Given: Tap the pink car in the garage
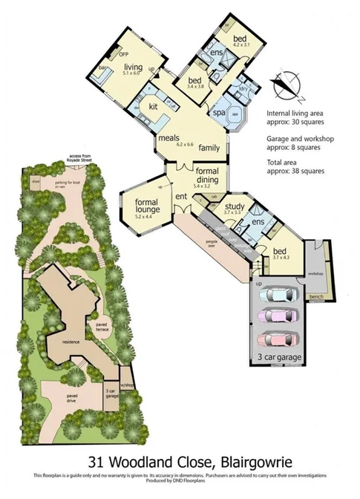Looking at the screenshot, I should pyautogui.click(x=275, y=316).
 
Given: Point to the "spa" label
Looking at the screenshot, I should pyautogui.click(x=220, y=114).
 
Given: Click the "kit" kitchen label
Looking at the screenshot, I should pyautogui.click(x=154, y=106).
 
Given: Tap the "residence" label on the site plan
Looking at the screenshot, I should pyautogui.click(x=71, y=342).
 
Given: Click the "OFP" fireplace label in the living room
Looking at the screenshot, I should pyautogui.click(x=123, y=54).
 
